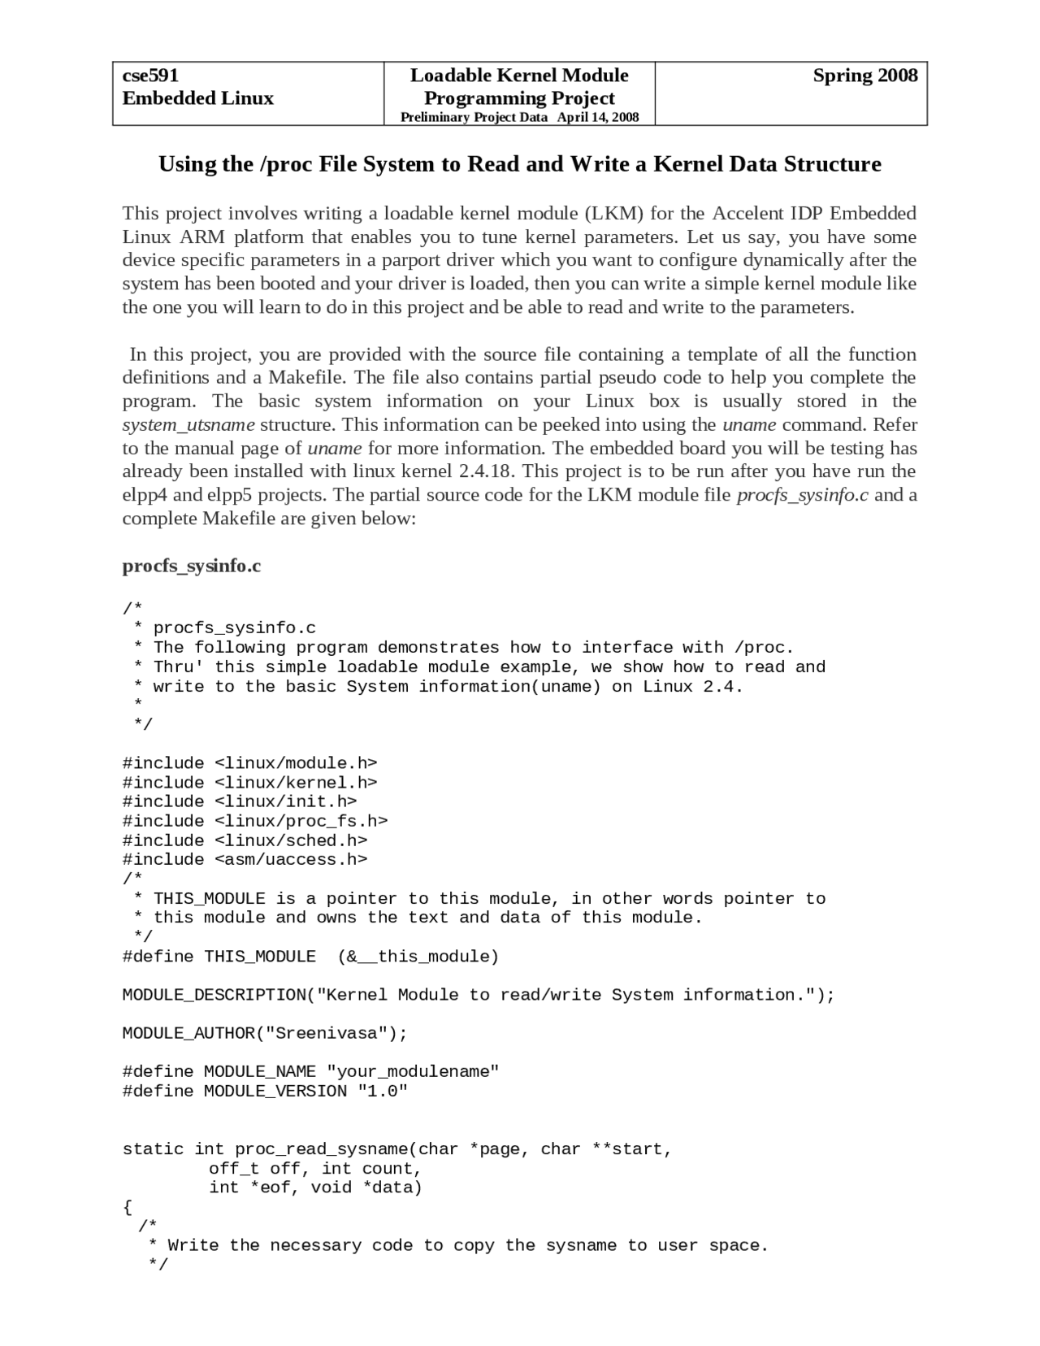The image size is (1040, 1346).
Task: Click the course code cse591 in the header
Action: tap(150, 76)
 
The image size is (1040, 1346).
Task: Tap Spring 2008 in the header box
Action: tap(864, 76)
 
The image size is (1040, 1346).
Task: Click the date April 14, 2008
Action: tap(598, 117)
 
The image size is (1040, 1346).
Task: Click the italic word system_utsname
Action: tap(188, 424)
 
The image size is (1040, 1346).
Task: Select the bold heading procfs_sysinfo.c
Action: tap(192, 566)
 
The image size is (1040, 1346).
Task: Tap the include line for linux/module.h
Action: tap(249, 763)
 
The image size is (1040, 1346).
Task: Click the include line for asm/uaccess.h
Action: tap(245, 859)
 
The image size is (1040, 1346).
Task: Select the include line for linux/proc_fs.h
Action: tap(254, 821)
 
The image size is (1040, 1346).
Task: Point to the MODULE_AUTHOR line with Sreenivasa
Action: tap(264, 1033)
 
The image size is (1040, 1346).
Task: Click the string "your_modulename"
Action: tap(412, 1072)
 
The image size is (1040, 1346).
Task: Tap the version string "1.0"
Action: tap(382, 1092)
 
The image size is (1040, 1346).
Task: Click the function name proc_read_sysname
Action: tap(321, 1149)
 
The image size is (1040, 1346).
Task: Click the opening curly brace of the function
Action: tap(128, 1207)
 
